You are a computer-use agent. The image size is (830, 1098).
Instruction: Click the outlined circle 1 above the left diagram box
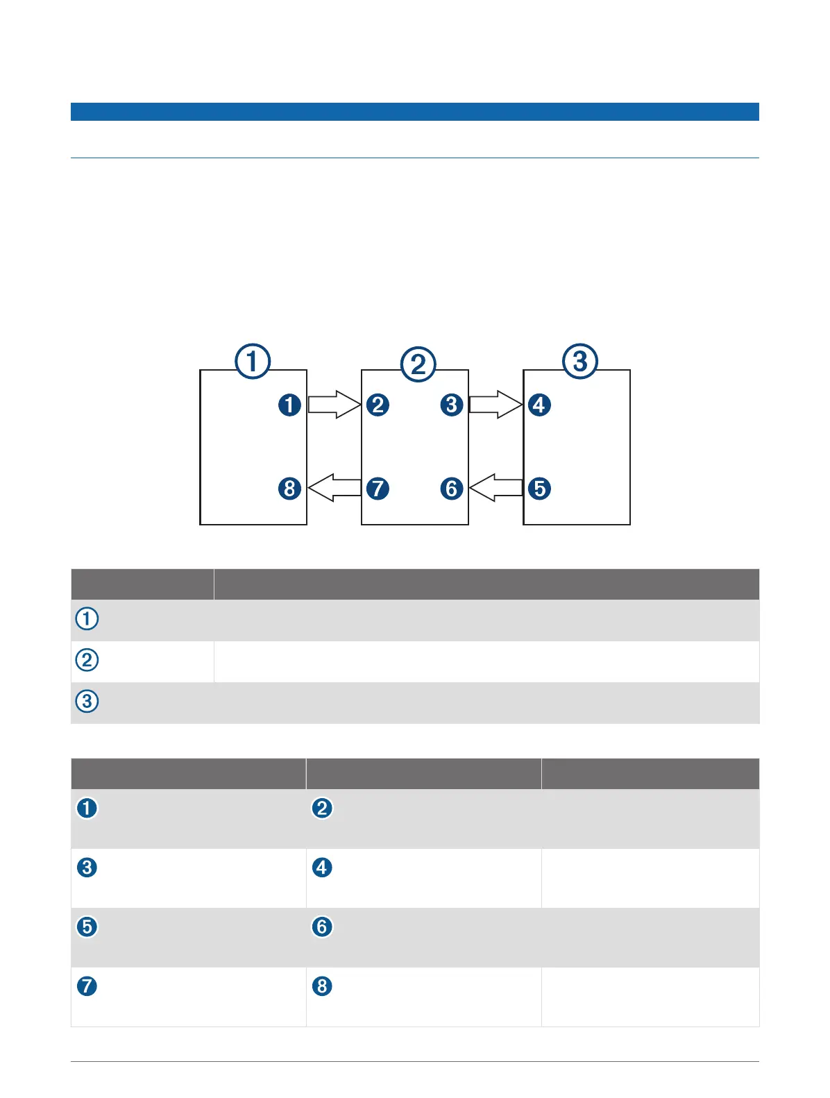coord(253,361)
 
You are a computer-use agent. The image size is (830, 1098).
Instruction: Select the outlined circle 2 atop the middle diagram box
coord(418,364)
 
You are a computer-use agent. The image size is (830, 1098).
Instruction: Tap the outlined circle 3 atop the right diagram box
coord(579,361)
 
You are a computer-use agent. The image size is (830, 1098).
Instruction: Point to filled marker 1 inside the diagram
coord(290,405)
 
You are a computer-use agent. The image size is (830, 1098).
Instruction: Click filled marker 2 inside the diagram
coord(378,405)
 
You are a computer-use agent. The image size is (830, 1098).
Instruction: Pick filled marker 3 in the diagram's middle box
coord(452,405)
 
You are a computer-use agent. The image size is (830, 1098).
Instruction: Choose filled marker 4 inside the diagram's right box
coord(539,405)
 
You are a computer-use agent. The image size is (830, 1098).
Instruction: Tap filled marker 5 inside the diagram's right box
coord(539,488)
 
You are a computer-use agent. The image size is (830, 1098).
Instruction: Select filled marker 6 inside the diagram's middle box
coord(452,488)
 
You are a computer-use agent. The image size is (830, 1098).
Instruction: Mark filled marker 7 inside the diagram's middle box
coord(378,488)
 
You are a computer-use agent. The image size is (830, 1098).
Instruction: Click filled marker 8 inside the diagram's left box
coord(290,488)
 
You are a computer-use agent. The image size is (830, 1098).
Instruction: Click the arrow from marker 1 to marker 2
coord(334,405)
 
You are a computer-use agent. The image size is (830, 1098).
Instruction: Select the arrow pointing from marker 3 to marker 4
coord(496,405)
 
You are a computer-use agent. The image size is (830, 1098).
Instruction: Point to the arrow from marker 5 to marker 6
coord(496,488)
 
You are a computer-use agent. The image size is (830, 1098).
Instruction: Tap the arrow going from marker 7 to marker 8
coord(334,488)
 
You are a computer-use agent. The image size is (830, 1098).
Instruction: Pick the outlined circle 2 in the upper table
coord(87,659)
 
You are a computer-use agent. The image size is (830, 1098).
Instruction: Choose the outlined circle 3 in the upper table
coord(87,701)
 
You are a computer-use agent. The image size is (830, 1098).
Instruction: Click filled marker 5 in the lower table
coord(87,927)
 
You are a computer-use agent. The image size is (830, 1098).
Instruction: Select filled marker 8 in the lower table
coord(322,986)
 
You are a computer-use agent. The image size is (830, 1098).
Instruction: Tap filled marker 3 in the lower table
coord(87,868)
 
